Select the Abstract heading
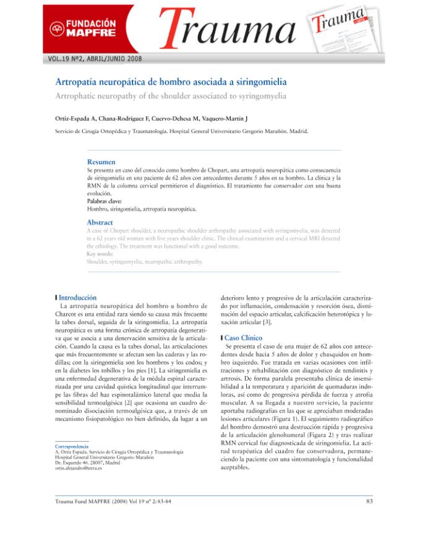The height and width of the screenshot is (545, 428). point(100,221)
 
